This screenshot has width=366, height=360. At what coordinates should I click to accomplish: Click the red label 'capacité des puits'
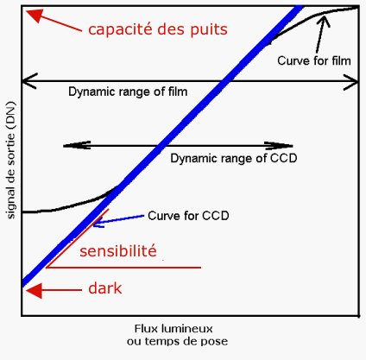click(x=158, y=29)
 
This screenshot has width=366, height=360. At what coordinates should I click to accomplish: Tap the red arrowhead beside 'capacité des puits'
click(x=34, y=15)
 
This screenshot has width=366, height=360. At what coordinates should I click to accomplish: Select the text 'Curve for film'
click(x=314, y=60)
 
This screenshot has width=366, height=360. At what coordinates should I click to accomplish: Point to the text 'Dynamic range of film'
click(x=128, y=92)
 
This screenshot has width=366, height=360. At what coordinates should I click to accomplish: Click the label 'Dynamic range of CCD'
click(x=234, y=158)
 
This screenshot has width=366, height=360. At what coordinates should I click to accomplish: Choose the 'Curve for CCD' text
click(x=188, y=216)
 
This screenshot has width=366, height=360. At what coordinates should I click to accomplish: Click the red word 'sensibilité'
click(x=118, y=250)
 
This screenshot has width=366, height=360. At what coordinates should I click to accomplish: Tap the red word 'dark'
click(x=105, y=288)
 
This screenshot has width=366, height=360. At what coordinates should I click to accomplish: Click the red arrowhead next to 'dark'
click(x=34, y=290)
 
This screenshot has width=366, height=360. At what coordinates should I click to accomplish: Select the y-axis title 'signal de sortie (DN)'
click(x=10, y=160)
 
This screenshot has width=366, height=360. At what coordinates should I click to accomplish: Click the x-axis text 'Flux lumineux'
click(x=174, y=328)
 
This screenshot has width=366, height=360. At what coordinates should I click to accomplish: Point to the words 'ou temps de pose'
click(x=177, y=341)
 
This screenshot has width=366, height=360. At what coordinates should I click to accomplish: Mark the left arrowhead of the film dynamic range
click(x=29, y=81)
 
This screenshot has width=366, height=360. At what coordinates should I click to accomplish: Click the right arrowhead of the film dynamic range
click(x=350, y=82)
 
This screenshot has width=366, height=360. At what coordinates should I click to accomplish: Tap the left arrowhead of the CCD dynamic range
click(x=77, y=145)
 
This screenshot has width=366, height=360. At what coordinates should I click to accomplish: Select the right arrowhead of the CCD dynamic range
click(x=279, y=146)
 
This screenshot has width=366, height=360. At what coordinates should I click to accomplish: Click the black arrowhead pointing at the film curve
click(x=325, y=21)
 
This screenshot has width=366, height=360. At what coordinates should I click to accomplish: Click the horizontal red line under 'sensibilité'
click(x=123, y=268)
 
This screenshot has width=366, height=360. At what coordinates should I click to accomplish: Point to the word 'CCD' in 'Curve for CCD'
click(x=216, y=216)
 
